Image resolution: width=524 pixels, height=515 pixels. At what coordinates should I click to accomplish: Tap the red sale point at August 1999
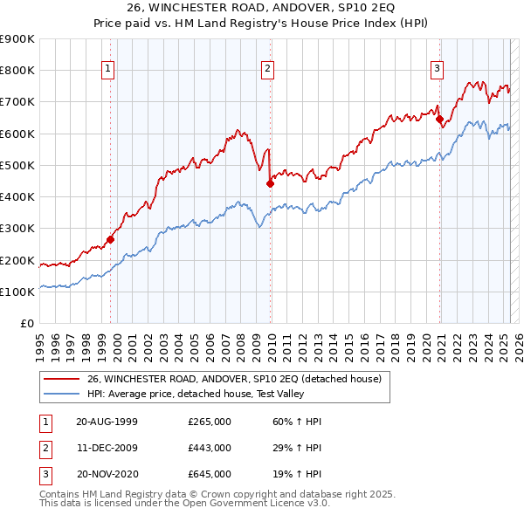111,239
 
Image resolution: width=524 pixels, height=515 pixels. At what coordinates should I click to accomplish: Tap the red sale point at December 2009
270,182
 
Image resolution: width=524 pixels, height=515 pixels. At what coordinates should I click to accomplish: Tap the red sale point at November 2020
440,119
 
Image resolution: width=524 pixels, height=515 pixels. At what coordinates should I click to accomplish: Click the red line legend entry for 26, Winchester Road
234,380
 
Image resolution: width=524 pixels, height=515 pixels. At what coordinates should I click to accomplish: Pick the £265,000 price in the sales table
210,422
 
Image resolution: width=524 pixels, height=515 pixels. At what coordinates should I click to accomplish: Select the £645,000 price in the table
210,475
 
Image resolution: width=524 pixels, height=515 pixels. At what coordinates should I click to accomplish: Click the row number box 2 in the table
43,448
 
